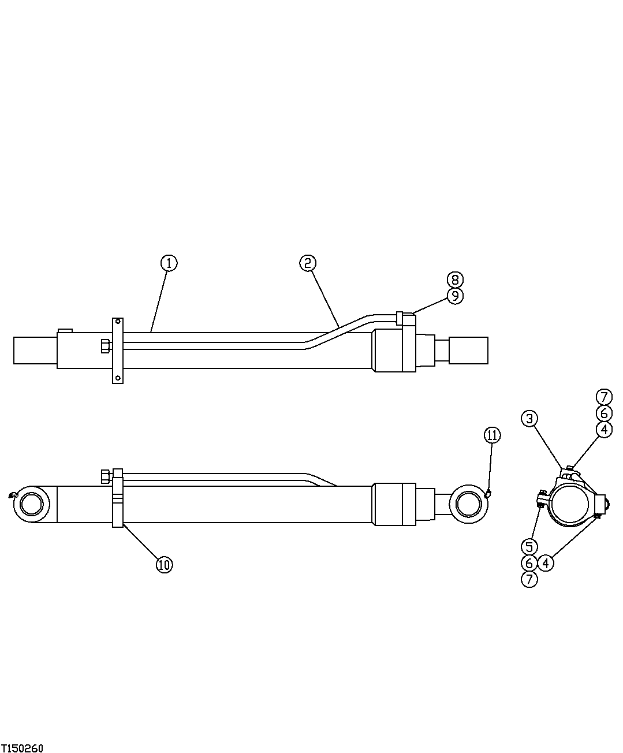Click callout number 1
point(169,263)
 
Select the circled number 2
point(308,263)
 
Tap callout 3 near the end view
point(530,419)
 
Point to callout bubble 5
point(529,546)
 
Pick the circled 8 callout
point(455,279)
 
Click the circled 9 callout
point(455,296)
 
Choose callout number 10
point(165,564)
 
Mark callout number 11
point(492,435)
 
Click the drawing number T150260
point(22,748)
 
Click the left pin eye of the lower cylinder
point(32,504)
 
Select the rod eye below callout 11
point(468,504)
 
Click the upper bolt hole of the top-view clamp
point(117,321)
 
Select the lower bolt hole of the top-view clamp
point(117,378)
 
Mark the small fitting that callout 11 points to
point(488,493)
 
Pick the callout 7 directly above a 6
point(603,397)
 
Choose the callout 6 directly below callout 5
point(529,562)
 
